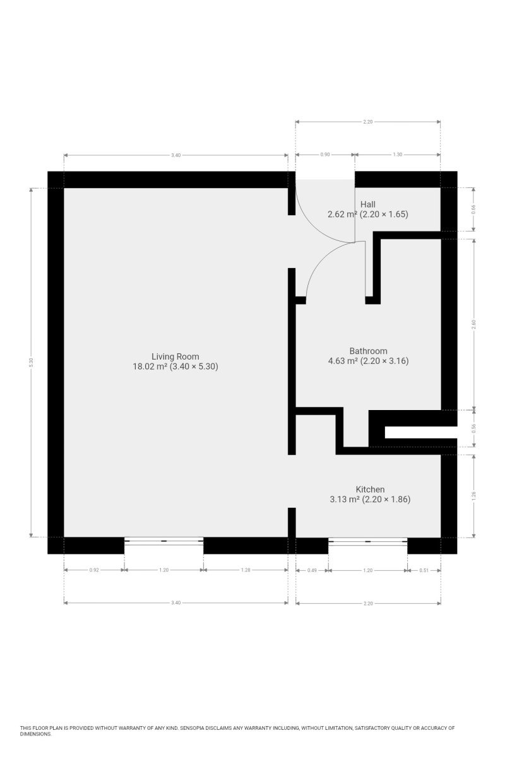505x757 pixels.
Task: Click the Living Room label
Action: pyautogui.click(x=175, y=356)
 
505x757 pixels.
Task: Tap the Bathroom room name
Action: pyautogui.click(x=368, y=351)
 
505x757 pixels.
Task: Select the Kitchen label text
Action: pyautogui.click(x=370, y=490)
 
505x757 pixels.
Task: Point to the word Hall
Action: pyautogui.click(x=367, y=204)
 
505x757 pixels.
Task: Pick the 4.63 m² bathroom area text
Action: pyautogui.click(x=343, y=361)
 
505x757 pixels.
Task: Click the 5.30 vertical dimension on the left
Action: pyautogui.click(x=31, y=362)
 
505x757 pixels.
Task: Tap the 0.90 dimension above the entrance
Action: pyautogui.click(x=324, y=155)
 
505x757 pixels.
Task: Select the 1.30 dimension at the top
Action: pyautogui.click(x=398, y=155)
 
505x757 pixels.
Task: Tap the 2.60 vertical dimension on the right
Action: pyautogui.click(x=473, y=324)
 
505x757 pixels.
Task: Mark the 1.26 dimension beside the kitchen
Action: pyautogui.click(x=473, y=496)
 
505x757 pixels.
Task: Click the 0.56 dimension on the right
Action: pyautogui.click(x=473, y=428)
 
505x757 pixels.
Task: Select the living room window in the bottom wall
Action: pyautogui.click(x=163, y=541)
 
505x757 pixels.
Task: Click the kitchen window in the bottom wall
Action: pyautogui.click(x=367, y=541)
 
